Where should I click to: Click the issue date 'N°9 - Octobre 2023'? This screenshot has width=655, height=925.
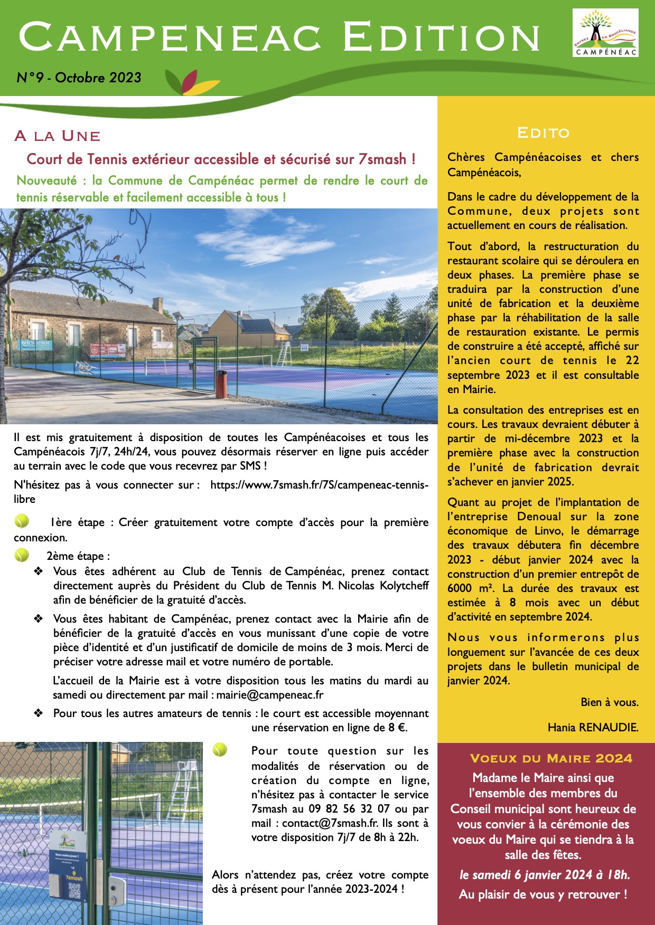coord(79,78)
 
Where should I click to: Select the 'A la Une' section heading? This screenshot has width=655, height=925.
coord(58,136)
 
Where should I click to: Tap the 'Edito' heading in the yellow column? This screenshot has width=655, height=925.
coord(543,132)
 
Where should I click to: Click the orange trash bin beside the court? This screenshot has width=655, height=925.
coord(221,384)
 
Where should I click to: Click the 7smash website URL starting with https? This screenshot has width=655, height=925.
coord(319,485)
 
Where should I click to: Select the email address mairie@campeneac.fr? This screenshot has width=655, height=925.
coord(270,695)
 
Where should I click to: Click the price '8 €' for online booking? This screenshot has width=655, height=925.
coord(397,728)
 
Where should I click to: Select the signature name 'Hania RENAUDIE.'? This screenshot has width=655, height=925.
coord(593,727)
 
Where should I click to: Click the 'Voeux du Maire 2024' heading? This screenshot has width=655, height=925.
coord(550,758)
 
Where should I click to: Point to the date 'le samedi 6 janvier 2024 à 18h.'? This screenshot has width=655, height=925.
coord(545,874)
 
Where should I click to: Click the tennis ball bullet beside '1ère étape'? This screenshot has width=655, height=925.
coord(22,521)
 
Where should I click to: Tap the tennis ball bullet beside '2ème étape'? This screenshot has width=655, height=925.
coord(22,555)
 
